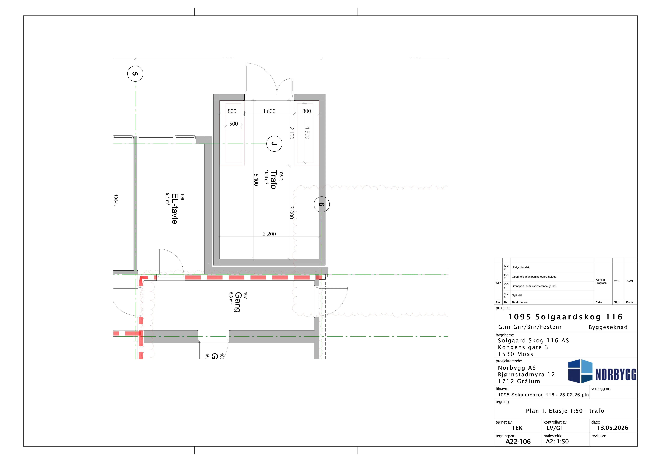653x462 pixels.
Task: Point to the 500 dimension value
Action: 234,124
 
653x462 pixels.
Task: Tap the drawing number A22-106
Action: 518,441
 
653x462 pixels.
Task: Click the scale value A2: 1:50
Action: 557,441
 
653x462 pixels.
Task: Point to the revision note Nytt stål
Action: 517,295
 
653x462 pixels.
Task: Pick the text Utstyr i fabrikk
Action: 520,267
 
